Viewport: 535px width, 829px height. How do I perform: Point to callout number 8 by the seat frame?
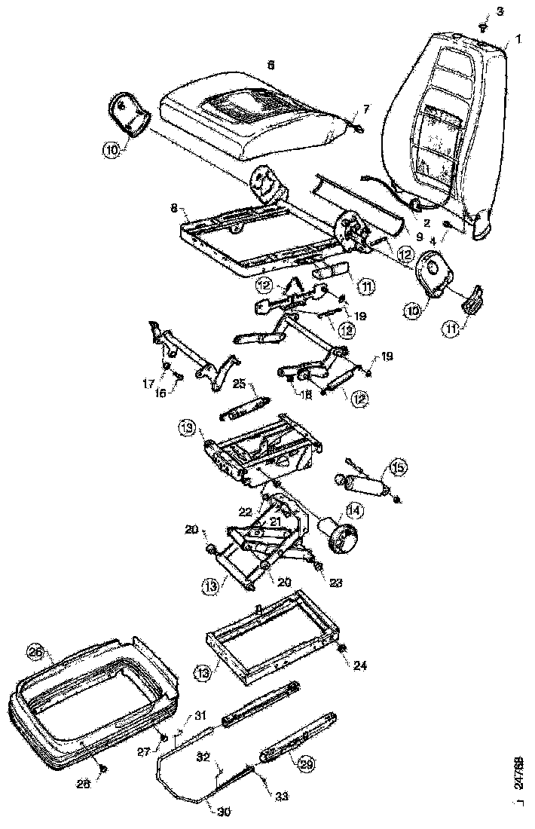tap(173, 205)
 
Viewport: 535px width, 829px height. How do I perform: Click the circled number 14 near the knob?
tap(354, 510)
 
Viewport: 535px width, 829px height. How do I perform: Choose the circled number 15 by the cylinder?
tap(397, 468)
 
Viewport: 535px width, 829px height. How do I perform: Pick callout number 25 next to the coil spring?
tap(239, 384)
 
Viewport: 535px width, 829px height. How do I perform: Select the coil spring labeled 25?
tap(242, 407)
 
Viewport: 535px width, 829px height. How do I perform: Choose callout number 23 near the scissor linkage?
tap(335, 582)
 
